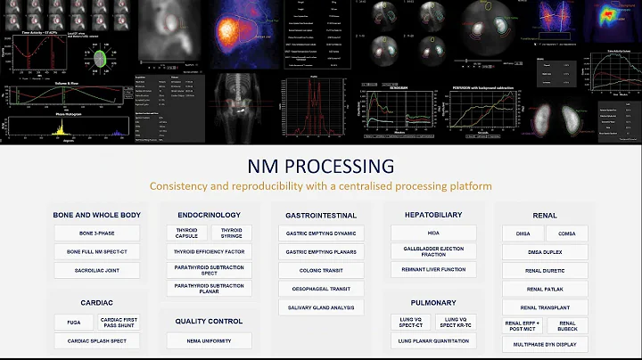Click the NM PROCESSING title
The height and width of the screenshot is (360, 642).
point(320,166)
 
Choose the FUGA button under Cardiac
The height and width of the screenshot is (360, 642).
point(72,322)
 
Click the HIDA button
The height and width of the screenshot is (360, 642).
point(432,233)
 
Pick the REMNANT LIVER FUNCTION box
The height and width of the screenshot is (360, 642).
point(432,270)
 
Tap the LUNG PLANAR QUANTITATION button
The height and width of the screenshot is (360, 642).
point(432,340)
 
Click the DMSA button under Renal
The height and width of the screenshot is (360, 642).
point(523,233)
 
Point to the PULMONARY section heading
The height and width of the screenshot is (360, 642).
point(433,302)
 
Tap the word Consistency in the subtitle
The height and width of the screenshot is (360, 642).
point(179,185)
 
